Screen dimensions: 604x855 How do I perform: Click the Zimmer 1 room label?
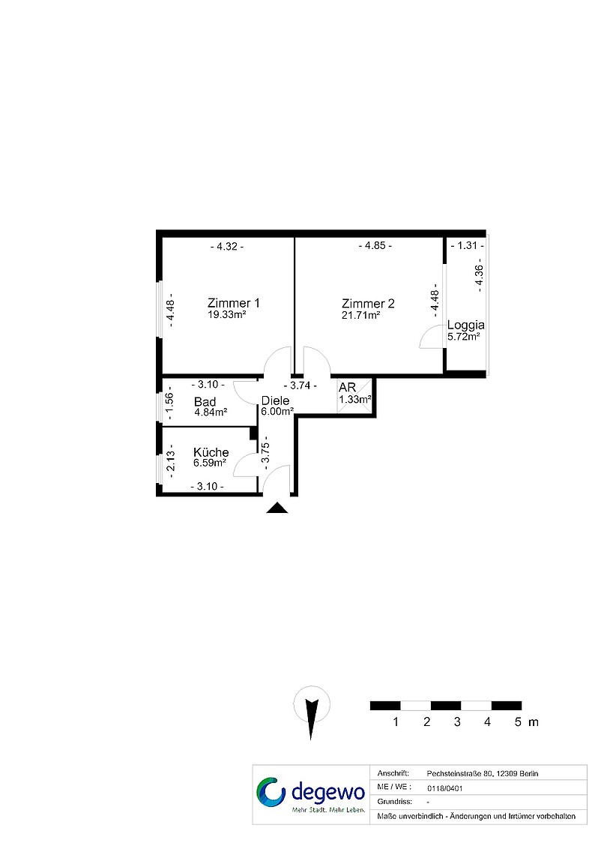(234, 303)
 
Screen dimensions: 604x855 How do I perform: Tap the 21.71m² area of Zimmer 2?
(360, 315)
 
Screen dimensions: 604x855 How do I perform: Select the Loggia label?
(465, 325)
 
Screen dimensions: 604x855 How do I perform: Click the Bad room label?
(205, 402)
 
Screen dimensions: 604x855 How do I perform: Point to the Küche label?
(211, 452)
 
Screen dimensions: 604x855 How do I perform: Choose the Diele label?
(275, 400)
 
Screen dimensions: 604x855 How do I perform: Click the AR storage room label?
(347, 388)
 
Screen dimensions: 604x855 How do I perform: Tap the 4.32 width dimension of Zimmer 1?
(227, 247)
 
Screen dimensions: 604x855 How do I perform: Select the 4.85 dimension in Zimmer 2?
(375, 245)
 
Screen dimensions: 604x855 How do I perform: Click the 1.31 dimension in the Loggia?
(468, 245)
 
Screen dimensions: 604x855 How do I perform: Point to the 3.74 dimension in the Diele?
(300, 385)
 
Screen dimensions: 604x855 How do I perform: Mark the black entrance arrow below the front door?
(277, 508)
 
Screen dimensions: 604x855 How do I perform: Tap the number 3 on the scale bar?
(457, 722)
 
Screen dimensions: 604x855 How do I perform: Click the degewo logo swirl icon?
(271, 792)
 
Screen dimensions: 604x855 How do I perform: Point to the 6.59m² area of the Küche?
(211, 463)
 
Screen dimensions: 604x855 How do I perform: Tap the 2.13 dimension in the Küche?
(170, 460)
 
